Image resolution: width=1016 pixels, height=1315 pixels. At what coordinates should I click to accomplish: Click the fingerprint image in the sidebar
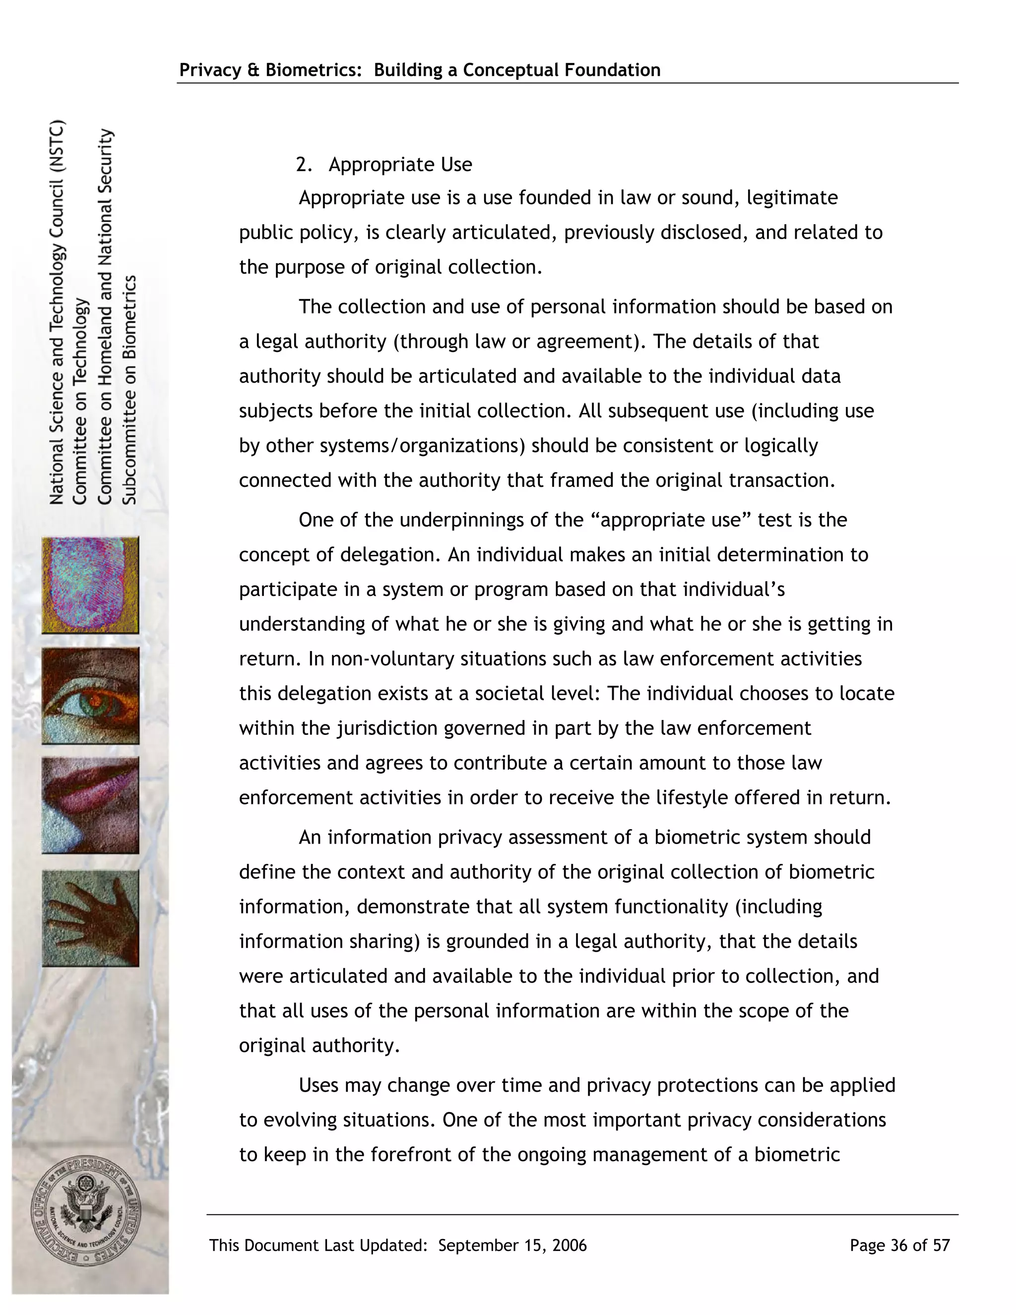tap(90, 585)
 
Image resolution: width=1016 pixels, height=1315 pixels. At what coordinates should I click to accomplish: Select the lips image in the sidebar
tap(90, 805)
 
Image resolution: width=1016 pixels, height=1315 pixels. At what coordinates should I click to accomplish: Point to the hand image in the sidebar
tap(90, 918)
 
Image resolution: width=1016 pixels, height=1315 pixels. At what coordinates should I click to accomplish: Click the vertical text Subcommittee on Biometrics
tap(130, 390)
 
